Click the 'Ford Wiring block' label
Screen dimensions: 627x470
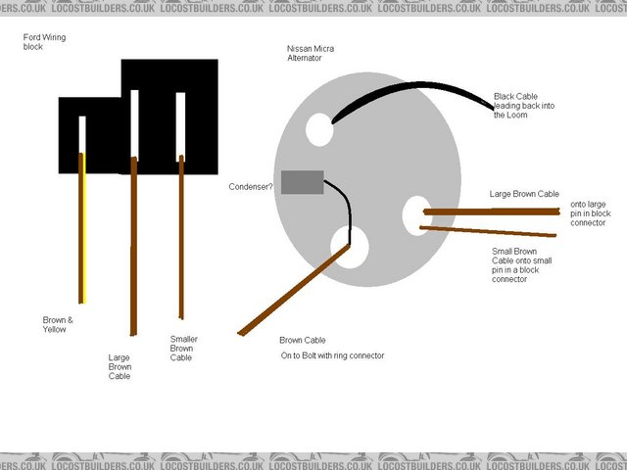pyautogui.click(x=44, y=42)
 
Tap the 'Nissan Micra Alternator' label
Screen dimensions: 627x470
pyautogui.click(x=311, y=53)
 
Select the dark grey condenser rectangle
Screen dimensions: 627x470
pyautogui.click(x=303, y=182)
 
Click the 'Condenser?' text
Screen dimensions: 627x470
pyautogui.click(x=251, y=187)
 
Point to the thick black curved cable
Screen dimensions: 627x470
pyautogui.click(x=415, y=85)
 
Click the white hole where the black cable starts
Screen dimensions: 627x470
pyautogui.click(x=319, y=129)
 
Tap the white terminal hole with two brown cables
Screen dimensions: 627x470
pyautogui.click(x=416, y=215)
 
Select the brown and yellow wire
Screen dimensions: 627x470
pyautogui.click(x=82, y=228)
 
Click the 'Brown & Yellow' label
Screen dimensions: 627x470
pyautogui.click(x=58, y=324)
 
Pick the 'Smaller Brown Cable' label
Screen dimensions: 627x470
pyautogui.click(x=183, y=349)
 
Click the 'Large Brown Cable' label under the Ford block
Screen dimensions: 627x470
pyautogui.click(x=120, y=366)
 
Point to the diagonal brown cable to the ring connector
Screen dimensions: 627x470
pyautogui.click(x=294, y=290)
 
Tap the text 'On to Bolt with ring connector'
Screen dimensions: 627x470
pyautogui.click(x=332, y=355)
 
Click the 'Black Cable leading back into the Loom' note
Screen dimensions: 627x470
pyautogui.click(x=524, y=106)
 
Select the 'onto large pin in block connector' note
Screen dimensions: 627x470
pyautogui.click(x=590, y=213)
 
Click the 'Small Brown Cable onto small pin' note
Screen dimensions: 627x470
pyautogui.click(x=521, y=265)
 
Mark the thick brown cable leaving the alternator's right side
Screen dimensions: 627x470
pyautogui.click(x=492, y=211)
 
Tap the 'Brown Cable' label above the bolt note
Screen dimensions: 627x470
pyautogui.click(x=303, y=340)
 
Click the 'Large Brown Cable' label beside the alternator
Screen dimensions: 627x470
pyautogui.click(x=524, y=194)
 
